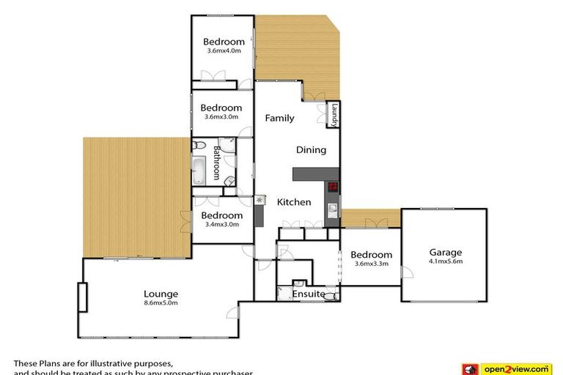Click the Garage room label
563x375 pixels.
[446, 253]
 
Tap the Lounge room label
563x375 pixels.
[161, 294]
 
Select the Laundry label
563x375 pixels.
[334, 115]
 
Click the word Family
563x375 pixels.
[279, 118]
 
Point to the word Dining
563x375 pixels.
[311, 150]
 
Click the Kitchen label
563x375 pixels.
[293, 202]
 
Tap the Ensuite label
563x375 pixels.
[309, 294]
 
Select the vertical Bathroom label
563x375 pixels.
[217, 163]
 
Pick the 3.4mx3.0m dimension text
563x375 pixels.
[221, 225]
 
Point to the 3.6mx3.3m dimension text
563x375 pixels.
[371, 264]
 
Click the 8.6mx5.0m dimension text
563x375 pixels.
[161, 302]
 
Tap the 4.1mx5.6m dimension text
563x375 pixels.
[446, 261]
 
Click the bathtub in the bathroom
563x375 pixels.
[199, 171]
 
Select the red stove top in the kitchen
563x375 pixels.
[333, 187]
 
